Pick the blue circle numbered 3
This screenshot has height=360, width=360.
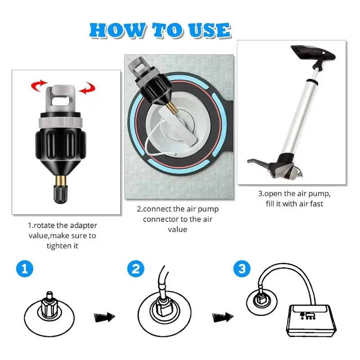242,269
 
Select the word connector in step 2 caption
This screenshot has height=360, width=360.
158,219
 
